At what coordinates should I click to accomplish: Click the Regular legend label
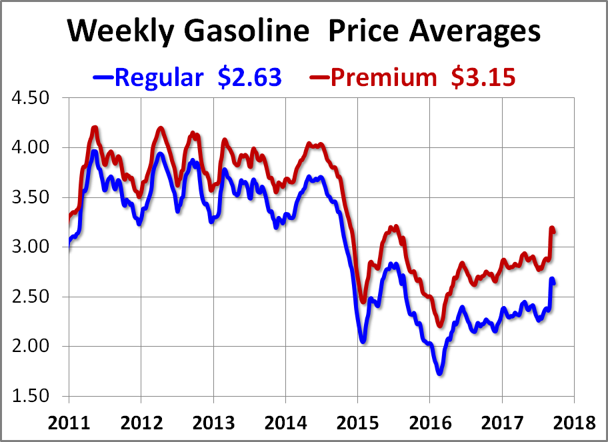pos(159,77)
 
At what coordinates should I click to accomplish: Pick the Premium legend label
pos(383,77)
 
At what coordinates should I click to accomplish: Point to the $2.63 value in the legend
pos(249,77)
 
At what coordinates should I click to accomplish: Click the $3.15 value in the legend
pos(482,77)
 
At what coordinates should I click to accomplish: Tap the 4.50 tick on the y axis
pos(33,98)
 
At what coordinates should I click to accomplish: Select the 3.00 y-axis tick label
pos(33,247)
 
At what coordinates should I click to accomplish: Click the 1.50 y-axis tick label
pos(33,396)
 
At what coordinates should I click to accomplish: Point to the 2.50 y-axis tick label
pos(33,297)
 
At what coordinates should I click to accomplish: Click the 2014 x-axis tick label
pos(285,424)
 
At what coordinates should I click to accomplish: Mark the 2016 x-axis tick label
pos(429,424)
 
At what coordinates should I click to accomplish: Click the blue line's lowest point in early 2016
pos(439,373)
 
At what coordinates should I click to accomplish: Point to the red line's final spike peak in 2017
pos(552,229)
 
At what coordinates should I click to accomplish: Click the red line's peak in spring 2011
pos(95,127)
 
